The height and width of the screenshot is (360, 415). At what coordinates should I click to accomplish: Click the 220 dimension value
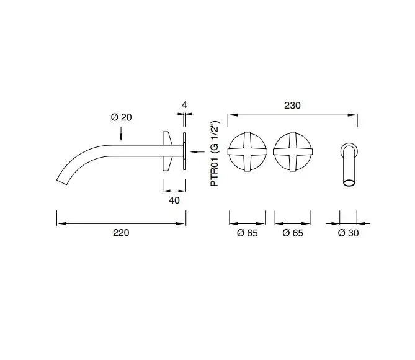coord(121,233)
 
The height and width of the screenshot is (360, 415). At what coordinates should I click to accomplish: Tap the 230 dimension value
coord(292,106)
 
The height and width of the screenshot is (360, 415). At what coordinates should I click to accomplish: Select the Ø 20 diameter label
coord(121,117)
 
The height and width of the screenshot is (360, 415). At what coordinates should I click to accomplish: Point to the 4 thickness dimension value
coord(184,105)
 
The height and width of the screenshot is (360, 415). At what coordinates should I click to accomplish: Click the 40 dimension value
coord(174,200)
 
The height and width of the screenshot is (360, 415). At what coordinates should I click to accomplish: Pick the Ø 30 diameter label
coord(348,233)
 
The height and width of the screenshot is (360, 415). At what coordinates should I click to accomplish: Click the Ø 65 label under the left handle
coord(247,233)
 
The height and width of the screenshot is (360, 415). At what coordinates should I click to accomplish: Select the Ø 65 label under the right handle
coord(293,233)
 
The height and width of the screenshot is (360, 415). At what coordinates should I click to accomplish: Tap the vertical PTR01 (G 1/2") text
coord(215,154)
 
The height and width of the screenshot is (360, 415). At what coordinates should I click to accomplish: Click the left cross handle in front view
coord(248,152)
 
